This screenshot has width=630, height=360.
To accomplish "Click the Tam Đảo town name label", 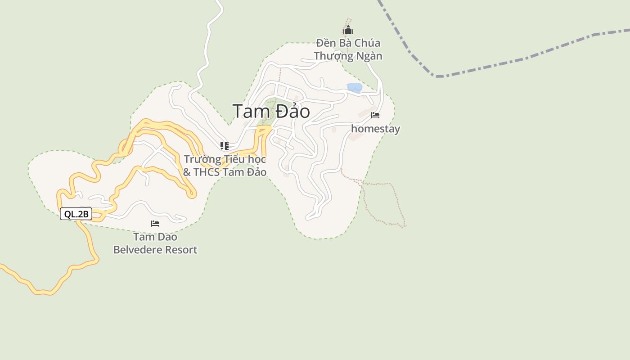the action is click(x=271, y=111).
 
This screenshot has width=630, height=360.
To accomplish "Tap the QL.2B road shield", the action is click(x=76, y=214).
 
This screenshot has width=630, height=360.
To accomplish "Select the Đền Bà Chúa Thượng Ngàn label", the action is click(x=348, y=49).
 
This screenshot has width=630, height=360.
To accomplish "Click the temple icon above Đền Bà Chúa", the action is click(x=348, y=31).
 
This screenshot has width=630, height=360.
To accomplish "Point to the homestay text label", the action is click(x=375, y=129).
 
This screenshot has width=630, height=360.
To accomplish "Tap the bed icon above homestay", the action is click(x=375, y=115).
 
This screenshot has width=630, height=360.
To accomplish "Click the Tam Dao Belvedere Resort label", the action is click(x=155, y=243).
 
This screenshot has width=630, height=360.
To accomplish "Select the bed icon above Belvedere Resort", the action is click(x=155, y=223).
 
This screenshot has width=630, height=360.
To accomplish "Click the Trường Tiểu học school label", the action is click(x=225, y=166).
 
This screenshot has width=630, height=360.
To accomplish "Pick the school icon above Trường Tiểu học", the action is click(x=224, y=145).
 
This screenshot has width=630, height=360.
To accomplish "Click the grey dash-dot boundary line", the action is click(x=517, y=61).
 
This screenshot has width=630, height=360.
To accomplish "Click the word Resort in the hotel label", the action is click(x=183, y=250).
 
